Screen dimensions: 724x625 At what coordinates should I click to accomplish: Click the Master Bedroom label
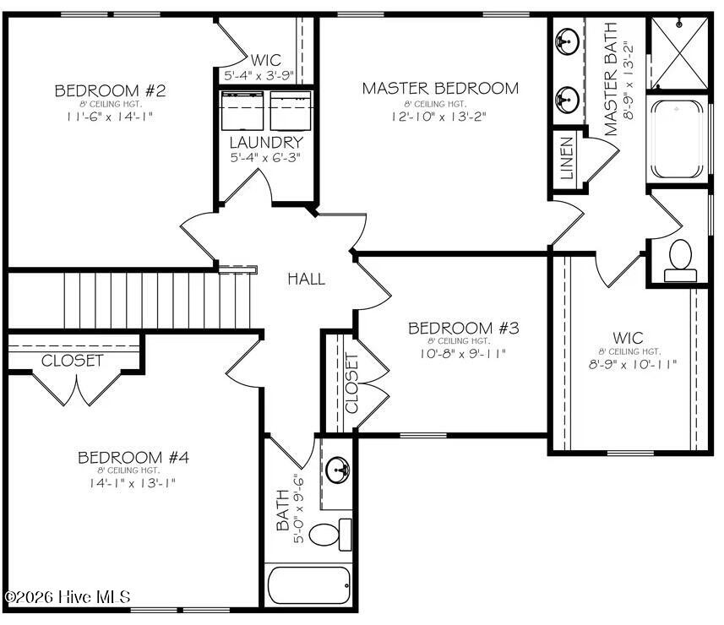click(440, 88)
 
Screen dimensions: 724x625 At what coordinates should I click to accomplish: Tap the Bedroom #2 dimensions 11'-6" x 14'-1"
click(110, 117)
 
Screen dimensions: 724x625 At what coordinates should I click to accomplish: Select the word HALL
click(306, 279)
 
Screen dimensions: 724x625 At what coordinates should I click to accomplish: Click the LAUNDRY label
click(266, 143)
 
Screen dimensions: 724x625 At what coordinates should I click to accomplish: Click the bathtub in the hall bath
click(309, 584)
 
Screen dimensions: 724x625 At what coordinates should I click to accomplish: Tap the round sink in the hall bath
click(338, 470)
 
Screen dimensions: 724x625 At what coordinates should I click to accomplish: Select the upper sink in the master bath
click(567, 41)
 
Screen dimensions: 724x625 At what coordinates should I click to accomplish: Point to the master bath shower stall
click(679, 52)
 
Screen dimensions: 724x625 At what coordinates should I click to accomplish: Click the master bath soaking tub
click(677, 139)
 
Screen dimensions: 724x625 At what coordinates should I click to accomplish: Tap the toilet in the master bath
click(680, 261)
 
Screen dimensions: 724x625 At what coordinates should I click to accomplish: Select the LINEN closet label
click(567, 158)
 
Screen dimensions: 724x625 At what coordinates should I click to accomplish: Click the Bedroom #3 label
click(464, 329)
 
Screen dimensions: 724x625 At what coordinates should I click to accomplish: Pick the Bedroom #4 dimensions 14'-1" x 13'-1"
click(133, 483)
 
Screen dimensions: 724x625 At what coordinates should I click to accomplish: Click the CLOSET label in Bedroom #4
click(72, 361)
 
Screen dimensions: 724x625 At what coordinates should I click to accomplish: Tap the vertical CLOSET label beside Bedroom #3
click(351, 383)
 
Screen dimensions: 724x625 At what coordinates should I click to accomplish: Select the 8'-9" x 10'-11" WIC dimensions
click(632, 364)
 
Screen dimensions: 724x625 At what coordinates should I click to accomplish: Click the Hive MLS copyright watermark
click(67, 597)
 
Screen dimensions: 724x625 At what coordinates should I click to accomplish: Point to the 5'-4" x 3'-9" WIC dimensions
click(259, 76)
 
